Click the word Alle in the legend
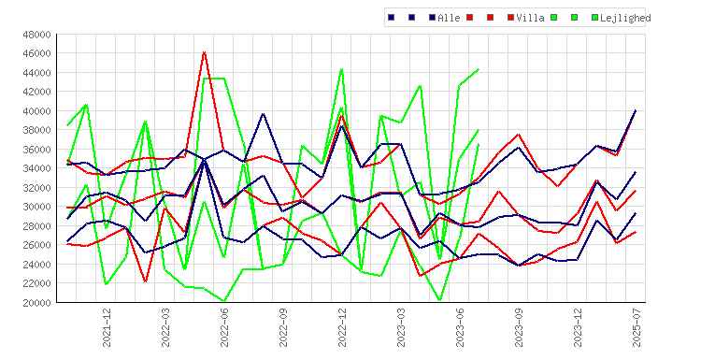[x=449, y=18]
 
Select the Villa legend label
[x=531, y=18]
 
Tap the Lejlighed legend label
[x=625, y=18]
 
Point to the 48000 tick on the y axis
[x=37, y=35]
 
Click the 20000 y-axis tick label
[x=37, y=303]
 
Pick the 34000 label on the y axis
[x=37, y=168]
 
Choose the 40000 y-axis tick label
[x=37, y=111]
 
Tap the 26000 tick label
[x=37, y=245]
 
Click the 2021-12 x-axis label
[x=107, y=327]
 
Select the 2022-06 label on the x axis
[x=224, y=327]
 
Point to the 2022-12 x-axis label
[x=342, y=327]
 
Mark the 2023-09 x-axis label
[x=519, y=327]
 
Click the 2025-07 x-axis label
[x=637, y=327]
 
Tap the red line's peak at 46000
[x=205, y=52]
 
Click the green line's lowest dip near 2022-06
[x=224, y=301]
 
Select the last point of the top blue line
[x=636, y=110]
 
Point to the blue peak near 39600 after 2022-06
[x=264, y=113]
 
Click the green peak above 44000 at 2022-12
[x=342, y=69]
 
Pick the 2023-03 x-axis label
[x=401, y=327]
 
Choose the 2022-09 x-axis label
[x=283, y=327]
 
